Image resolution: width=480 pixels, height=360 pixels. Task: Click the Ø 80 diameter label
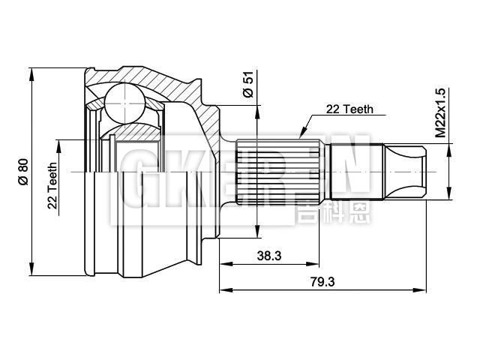22,172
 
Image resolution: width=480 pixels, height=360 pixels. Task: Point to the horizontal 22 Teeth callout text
349,109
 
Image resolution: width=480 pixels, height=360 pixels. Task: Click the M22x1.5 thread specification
440,113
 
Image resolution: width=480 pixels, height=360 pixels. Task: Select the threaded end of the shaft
406,172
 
